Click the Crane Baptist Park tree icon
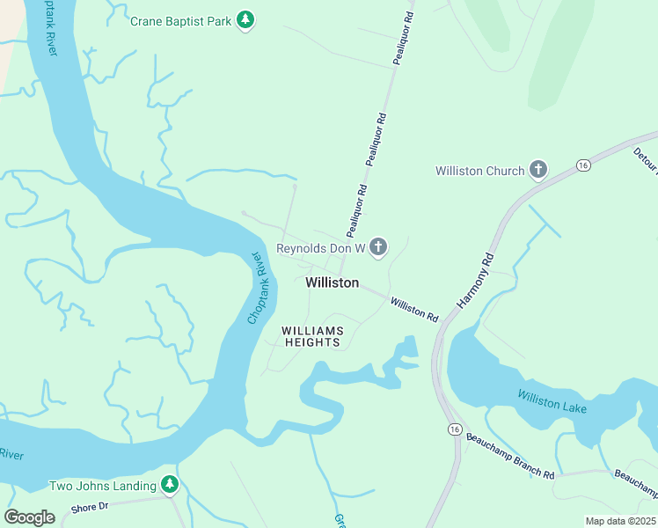(x=246, y=19)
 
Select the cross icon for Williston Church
(x=537, y=171)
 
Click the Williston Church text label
(x=479, y=171)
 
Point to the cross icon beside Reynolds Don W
(x=377, y=247)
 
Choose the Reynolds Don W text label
(x=320, y=249)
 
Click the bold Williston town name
(x=332, y=282)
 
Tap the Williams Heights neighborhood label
(x=312, y=336)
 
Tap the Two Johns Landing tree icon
(x=170, y=484)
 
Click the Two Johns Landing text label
(x=103, y=486)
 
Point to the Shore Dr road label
(x=89, y=506)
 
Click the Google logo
(x=29, y=517)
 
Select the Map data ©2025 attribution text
(x=620, y=521)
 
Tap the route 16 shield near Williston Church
(x=582, y=165)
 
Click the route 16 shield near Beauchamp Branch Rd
(x=453, y=429)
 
